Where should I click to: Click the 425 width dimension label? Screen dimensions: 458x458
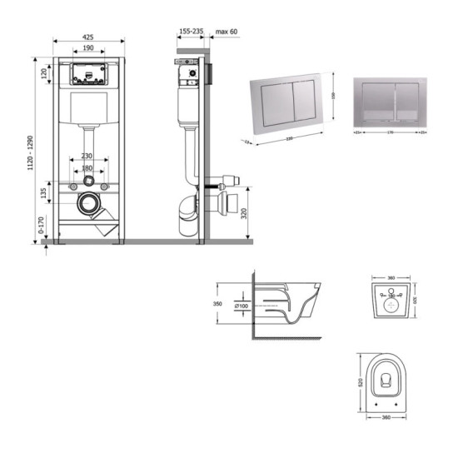tap(88, 36)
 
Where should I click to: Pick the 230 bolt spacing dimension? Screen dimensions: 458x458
tap(87, 156)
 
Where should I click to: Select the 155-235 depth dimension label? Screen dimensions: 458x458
tap(191, 32)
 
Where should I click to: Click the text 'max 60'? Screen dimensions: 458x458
tap(227, 32)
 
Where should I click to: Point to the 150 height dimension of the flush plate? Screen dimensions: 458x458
tap(333, 95)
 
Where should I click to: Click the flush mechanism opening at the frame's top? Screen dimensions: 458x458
tap(87, 76)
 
